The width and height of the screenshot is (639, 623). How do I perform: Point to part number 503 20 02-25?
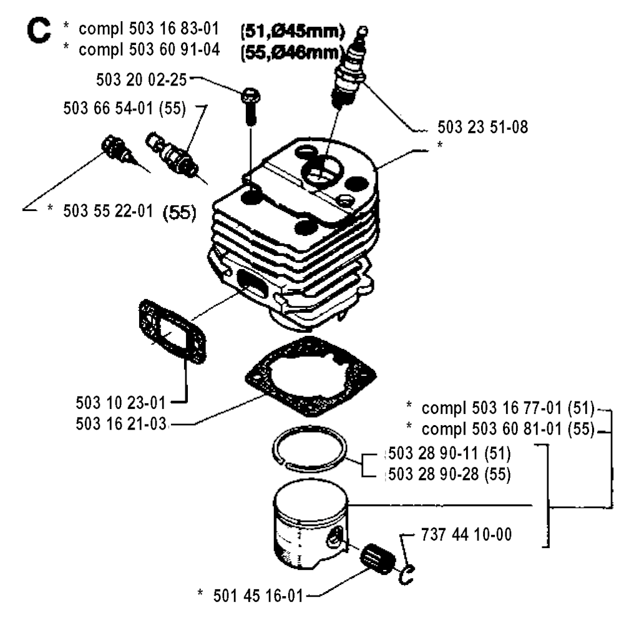(143, 79)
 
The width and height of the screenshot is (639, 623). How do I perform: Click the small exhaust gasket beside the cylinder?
(171, 331)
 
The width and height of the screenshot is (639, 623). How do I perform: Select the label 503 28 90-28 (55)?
(450, 474)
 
